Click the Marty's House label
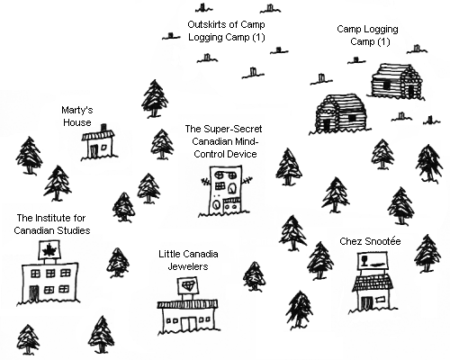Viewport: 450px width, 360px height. [x=77, y=116]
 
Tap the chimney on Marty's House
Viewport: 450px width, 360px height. [x=103, y=128]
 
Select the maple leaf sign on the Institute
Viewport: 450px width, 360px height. [x=50, y=250]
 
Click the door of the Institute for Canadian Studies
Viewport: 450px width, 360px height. [x=34, y=292]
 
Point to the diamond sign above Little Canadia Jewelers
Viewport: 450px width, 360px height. [x=188, y=285]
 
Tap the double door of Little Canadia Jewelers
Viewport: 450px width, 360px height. [x=188, y=324]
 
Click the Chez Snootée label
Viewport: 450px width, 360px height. [x=370, y=241]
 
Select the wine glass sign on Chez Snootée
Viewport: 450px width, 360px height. [x=373, y=261]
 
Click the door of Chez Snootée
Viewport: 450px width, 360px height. [x=366, y=303]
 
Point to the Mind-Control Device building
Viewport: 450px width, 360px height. [x=225, y=190]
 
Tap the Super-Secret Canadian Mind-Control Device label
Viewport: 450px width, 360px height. [x=224, y=141]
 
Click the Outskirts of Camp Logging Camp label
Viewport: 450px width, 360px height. [x=227, y=31]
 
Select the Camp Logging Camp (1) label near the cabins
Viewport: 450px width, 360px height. [x=368, y=35]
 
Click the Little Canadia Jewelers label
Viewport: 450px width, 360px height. [x=188, y=260]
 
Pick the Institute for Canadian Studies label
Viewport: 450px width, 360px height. [x=52, y=224]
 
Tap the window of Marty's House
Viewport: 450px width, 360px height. [x=103, y=148]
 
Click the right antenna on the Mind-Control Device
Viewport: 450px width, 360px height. [x=247, y=181]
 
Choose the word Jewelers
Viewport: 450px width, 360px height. [x=188, y=266]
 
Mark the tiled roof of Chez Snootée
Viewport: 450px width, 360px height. [x=373, y=283]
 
